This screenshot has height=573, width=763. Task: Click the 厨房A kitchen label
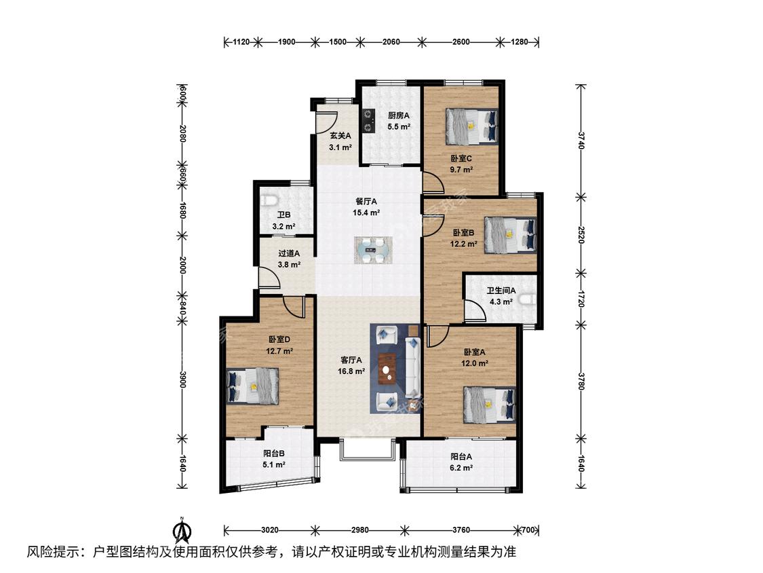click(x=399, y=116)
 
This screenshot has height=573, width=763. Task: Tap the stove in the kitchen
click(x=368, y=120)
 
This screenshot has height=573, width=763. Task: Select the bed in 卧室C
click(x=472, y=127)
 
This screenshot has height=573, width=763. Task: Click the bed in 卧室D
click(x=253, y=386)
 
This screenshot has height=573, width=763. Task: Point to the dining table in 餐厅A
click(x=373, y=250)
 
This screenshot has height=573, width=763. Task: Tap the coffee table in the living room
click(x=387, y=369)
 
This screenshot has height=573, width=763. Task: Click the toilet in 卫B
click(x=269, y=200)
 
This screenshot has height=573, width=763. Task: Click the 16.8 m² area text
click(x=351, y=371)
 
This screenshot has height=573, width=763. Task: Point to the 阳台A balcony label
click(x=461, y=456)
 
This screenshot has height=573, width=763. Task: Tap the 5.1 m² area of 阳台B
click(x=274, y=464)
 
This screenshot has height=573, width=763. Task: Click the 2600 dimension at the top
click(x=461, y=42)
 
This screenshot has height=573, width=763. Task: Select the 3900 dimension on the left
click(x=182, y=380)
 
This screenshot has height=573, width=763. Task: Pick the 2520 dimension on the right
click(x=581, y=234)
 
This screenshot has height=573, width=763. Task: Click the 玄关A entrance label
click(x=340, y=136)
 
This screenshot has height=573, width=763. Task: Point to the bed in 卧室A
click(x=490, y=405)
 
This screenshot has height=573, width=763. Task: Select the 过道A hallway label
click(x=289, y=253)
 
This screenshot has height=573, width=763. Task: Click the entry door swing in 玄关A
click(x=326, y=122)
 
